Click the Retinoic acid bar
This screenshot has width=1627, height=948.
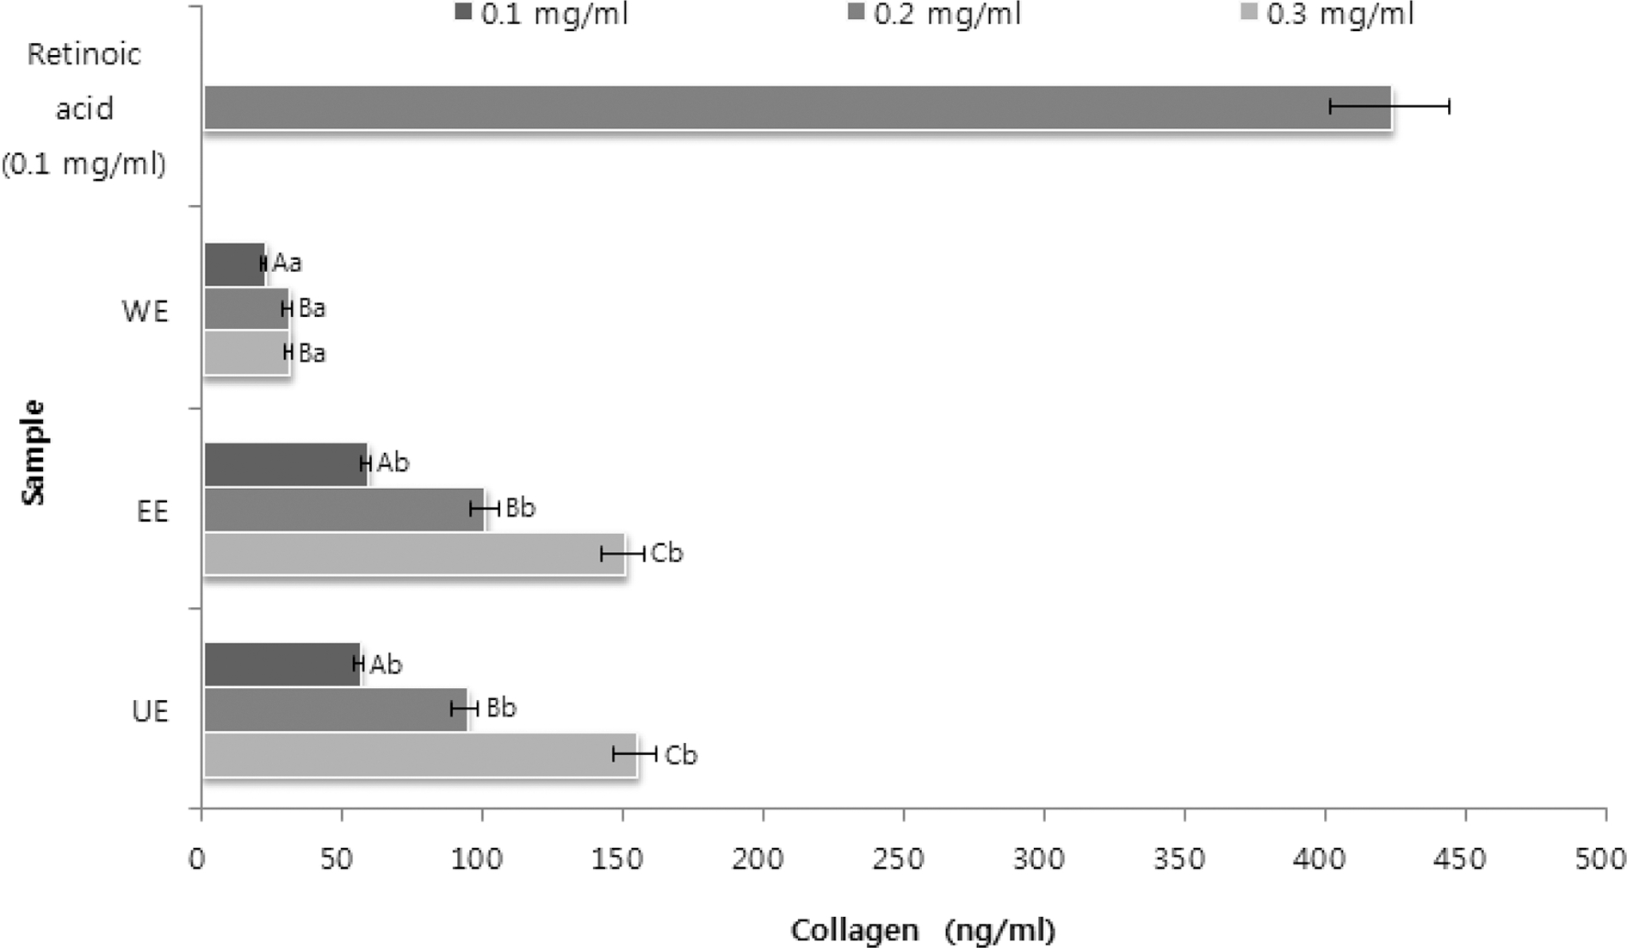796,108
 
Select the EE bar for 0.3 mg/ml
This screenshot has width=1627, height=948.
413,554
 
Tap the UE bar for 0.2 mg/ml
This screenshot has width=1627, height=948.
336,709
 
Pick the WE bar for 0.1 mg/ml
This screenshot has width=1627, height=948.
233,263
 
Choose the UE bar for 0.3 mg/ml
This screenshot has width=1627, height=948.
419,755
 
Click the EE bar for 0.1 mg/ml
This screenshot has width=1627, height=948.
285,464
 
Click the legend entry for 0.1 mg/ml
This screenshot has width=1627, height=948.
542,15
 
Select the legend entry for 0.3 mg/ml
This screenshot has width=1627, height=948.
1329,15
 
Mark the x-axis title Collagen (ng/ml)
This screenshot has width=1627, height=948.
923,930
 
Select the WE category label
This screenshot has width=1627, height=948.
145,311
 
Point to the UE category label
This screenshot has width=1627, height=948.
151,711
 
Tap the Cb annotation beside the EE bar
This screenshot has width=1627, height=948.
667,553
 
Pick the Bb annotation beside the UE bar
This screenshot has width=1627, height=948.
501,708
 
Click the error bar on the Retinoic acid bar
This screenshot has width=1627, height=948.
1389,107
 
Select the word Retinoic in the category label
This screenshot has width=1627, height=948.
84,54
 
